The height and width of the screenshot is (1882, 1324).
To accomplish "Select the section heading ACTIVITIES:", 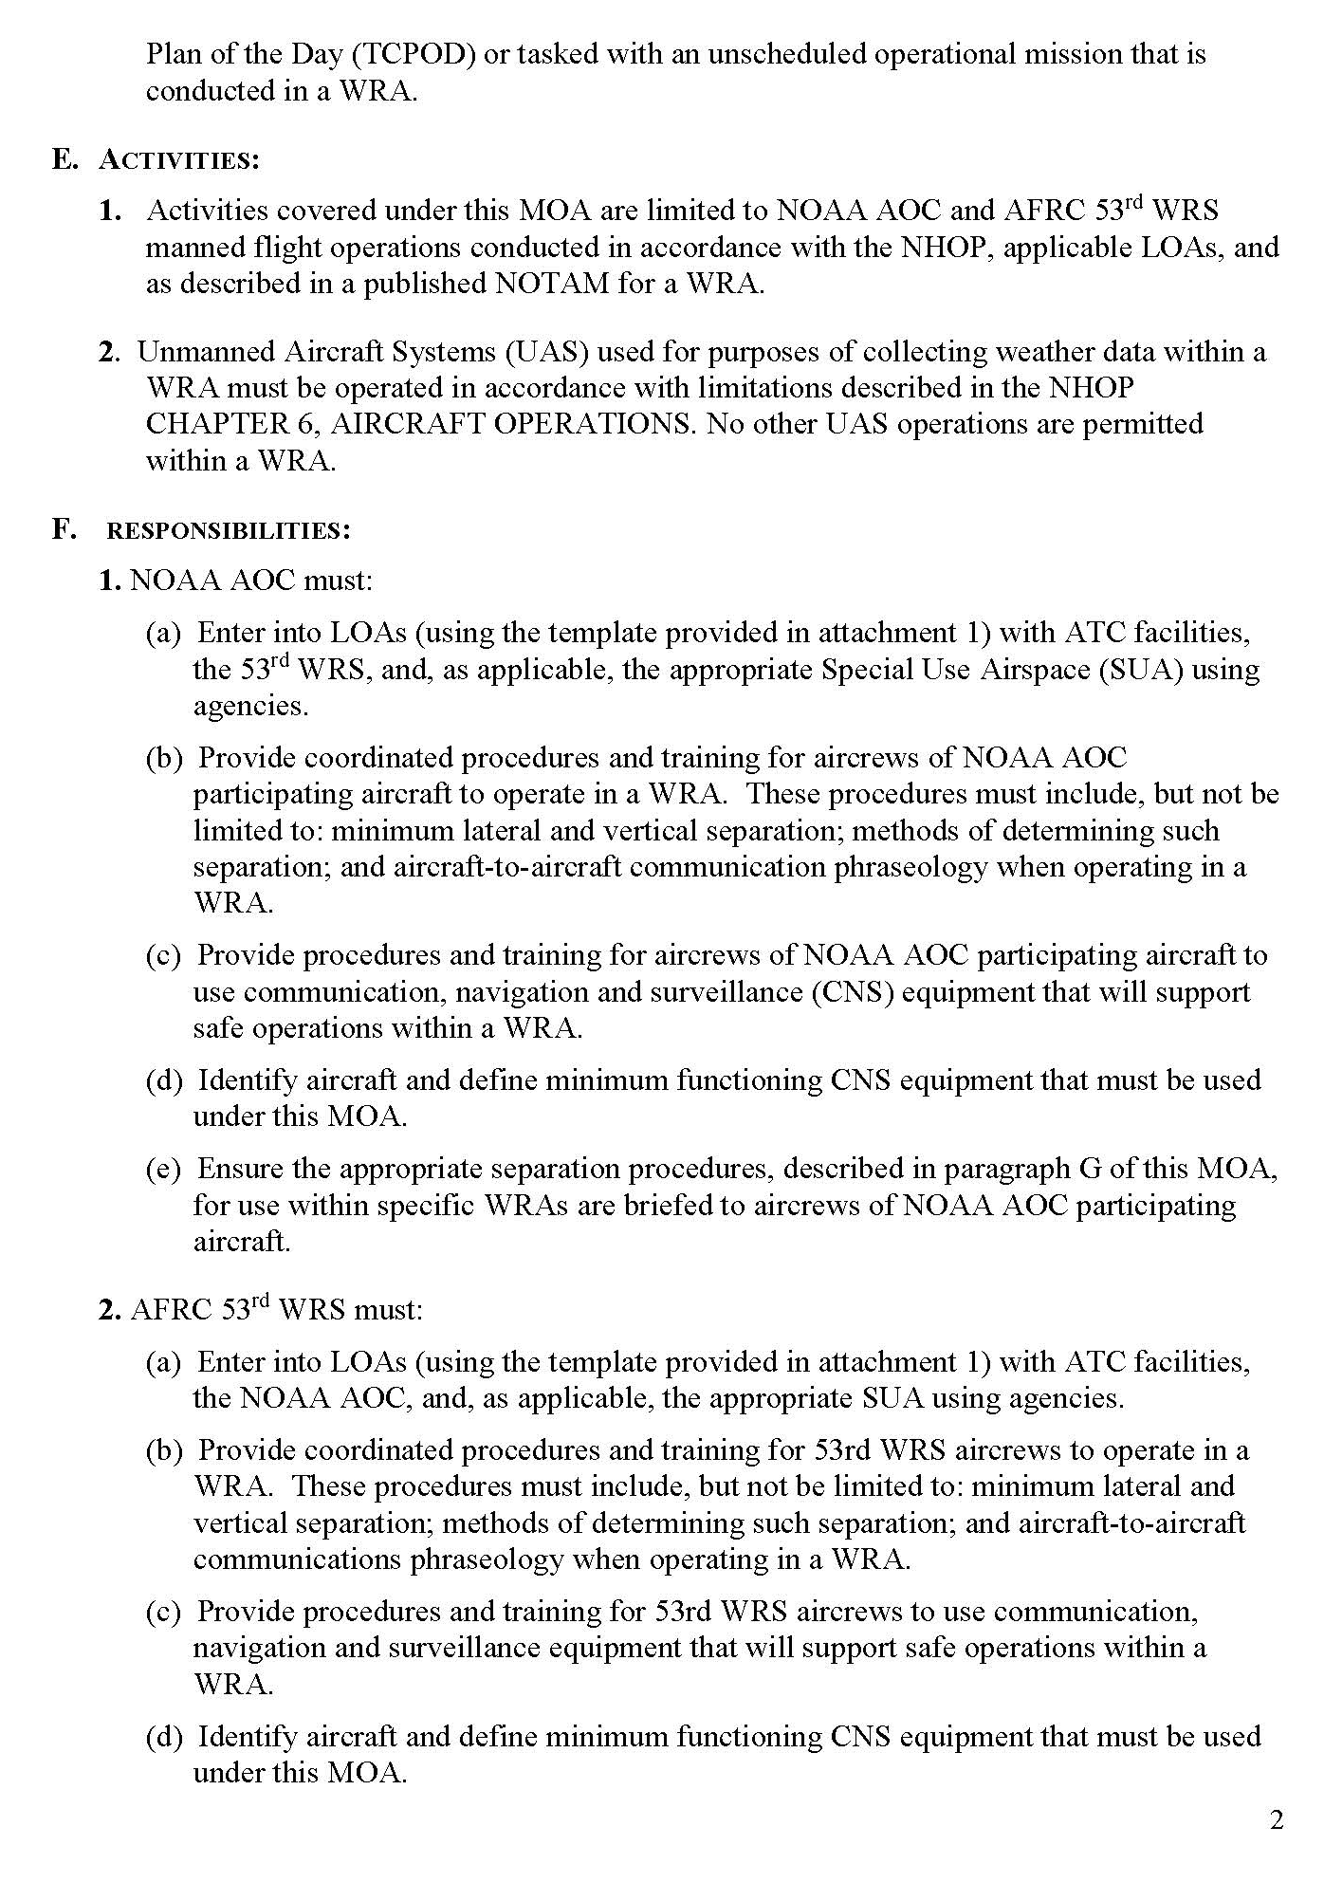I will tap(179, 159).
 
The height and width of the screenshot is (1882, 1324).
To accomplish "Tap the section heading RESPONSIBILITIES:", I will tap(229, 530).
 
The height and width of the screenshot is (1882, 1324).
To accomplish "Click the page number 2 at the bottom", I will tap(1277, 1820).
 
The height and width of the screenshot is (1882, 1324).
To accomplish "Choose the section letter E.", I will tap(64, 159).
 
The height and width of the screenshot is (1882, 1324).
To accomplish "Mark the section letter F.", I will tap(64, 529).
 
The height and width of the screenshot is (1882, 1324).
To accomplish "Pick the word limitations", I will tap(769, 388).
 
